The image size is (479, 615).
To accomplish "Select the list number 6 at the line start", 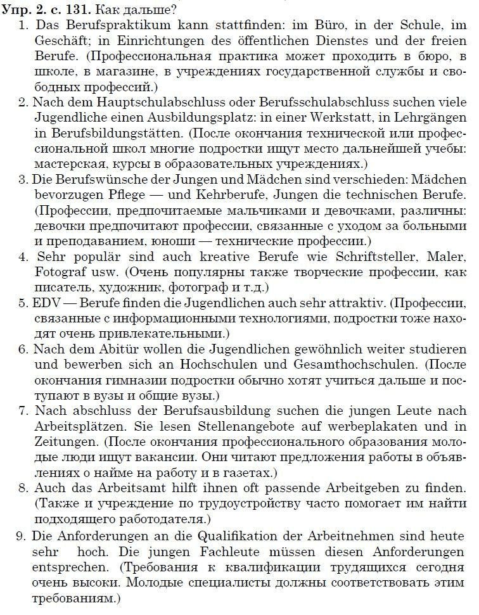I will (x=23, y=349).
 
